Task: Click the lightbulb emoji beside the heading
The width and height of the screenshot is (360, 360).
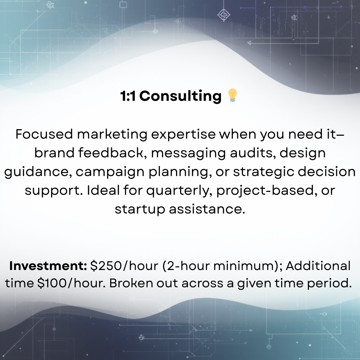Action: point(233,96)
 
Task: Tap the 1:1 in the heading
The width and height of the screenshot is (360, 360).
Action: point(128,96)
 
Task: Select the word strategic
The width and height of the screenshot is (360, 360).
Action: point(265,172)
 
